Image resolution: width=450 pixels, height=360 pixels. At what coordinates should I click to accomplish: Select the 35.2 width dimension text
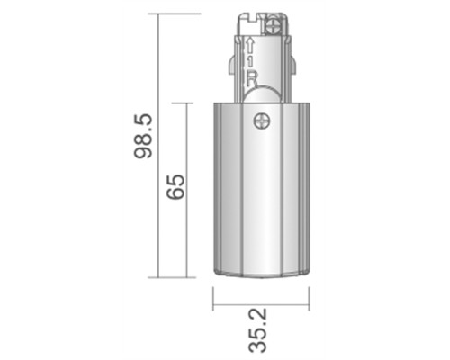click(x=260, y=330)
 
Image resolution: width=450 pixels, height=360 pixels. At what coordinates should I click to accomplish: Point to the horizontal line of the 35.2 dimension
click(x=260, y=301)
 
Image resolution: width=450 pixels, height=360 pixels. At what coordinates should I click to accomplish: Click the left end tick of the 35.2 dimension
click(x=213, y=301)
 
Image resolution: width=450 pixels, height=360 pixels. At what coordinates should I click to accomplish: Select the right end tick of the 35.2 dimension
click(x=308, y=301)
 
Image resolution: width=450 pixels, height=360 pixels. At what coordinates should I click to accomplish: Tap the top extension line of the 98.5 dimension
click(x=180, y=13)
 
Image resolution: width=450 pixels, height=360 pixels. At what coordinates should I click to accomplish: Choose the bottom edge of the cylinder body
click(x=260, y=275)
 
